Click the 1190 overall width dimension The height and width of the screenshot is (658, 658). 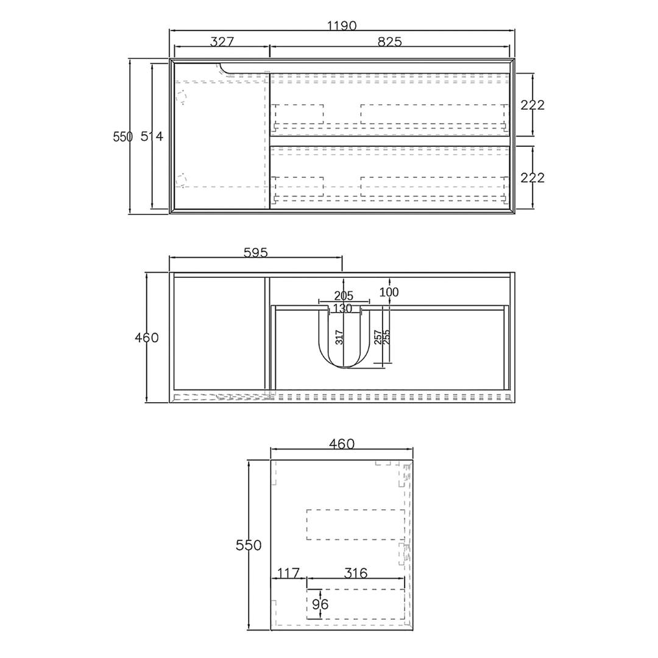click(342, 26)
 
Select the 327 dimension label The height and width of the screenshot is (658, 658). click(222, 42)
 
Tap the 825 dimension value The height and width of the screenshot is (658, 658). click(389, 42)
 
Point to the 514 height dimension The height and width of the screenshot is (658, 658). click(152, 136)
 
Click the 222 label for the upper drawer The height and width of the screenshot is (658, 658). click(532, 105)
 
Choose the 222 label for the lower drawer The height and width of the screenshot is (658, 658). click(532, 178)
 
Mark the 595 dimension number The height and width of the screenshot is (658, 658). click(255, 253)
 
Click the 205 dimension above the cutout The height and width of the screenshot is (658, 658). click(344, 296)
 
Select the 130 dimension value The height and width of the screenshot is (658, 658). click(342, 309)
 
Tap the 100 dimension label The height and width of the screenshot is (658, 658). click(389, 292)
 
